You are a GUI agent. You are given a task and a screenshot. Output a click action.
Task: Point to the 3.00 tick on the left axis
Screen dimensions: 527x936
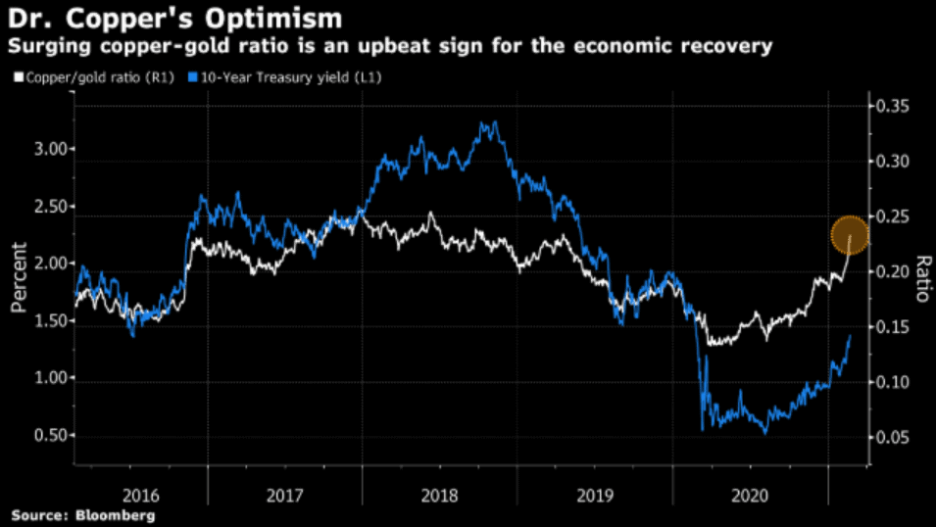[x=54, y=149]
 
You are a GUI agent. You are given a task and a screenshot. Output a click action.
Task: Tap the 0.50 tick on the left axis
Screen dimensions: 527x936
[x=54, y=436]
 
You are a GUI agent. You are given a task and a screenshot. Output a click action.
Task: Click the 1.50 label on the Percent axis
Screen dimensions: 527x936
[x=54, y=321]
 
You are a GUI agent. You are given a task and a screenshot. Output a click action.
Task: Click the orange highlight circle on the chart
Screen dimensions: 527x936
[x=850, y=235]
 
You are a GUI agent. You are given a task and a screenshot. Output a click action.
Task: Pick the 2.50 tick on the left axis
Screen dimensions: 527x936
[x=54, y=207]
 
